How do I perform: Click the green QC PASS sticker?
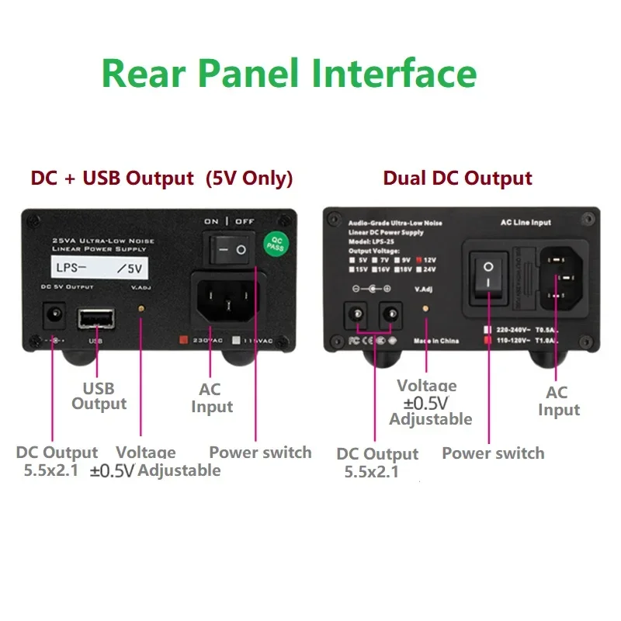276,244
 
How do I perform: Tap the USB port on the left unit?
95,319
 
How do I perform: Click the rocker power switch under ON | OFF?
229,250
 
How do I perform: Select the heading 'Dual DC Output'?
457,178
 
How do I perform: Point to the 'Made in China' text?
436,340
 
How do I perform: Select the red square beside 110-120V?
487,340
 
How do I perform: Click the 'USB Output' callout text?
99,396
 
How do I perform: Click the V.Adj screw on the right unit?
424,308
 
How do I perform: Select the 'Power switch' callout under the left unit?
260,453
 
